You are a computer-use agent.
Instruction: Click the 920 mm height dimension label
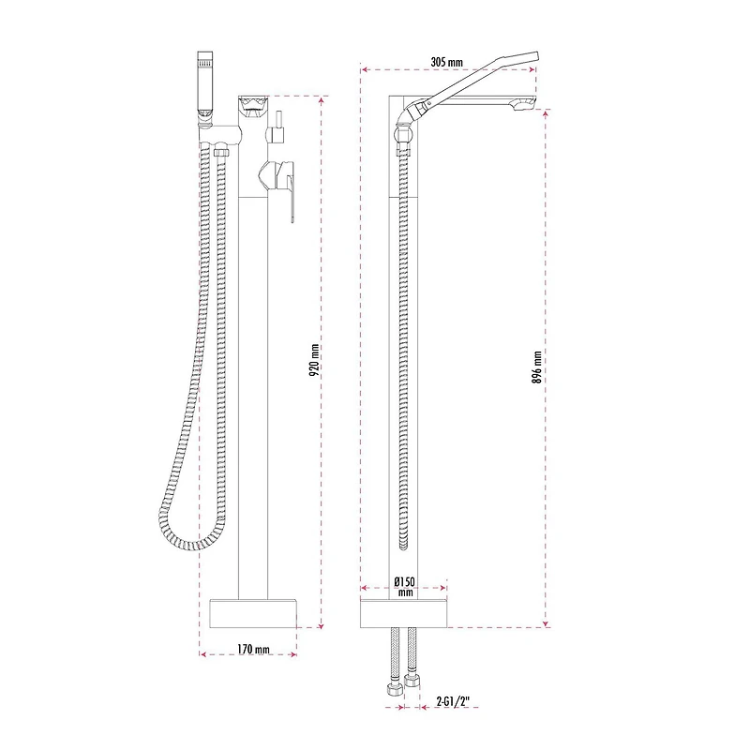click(x=314, y=360)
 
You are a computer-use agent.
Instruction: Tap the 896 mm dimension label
click(x=536, y=367)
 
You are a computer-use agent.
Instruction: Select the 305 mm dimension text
click(x=447, y=62)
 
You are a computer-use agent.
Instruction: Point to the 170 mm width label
click(x=253, y=649)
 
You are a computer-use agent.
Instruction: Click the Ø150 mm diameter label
click(x=404, y=587)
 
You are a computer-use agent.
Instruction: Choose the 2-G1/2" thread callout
click(x=453, y=701)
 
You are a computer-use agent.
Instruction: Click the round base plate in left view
click(x=253, y=613)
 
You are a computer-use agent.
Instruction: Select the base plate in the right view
click(x=403, y=613)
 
